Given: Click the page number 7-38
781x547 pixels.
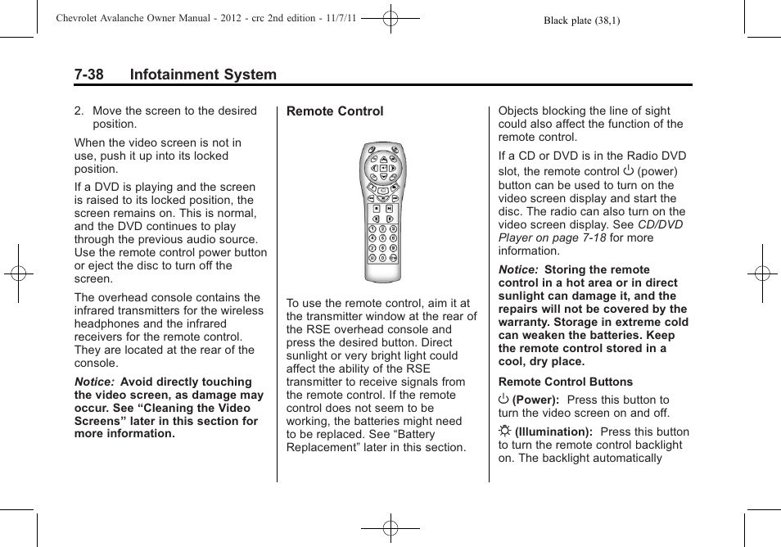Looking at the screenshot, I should pyautogui.click(x=88, y=75).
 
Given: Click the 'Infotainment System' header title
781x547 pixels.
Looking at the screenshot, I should pyautogui.click(x=203, y=75).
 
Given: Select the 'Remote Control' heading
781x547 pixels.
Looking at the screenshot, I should pyautogui.click(x=335, y=111).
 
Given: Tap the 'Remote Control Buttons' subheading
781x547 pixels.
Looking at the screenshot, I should pyautogui.click(x=565, y=382).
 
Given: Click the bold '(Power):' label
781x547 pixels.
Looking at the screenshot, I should pyautogui.click(x=536, y=400).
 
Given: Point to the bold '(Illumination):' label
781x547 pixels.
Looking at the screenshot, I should pyautogui.click(x=553, y=432).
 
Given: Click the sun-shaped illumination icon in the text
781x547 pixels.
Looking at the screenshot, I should pyautogui.click(x=504, y=432).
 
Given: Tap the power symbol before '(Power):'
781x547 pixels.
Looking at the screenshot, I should pyautogui.click(x=503, y=400).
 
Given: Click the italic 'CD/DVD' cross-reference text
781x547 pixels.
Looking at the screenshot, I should pyautogui.click(x=660, y=224).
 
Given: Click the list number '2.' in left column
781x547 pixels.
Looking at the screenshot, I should pyautogui.click(x=79, y=111).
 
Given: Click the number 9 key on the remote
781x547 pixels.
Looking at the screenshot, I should pyautogui.click(x=393, y=247).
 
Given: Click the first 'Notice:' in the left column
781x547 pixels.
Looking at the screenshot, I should pyautogui.click(x=95, y=382).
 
